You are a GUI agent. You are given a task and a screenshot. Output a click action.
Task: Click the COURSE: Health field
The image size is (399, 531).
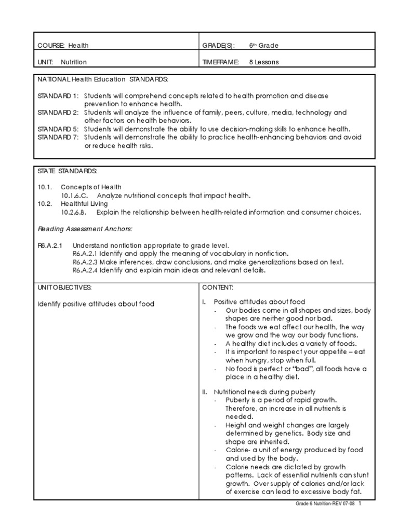(x=63, y=46)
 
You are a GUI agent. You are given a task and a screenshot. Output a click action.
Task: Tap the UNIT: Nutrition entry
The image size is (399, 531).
(x=62, y=62)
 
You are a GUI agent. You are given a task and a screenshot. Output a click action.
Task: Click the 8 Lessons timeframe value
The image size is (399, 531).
(x=263, y=62)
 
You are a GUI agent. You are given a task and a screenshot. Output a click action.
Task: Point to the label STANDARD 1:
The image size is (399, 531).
(x=58, y=96)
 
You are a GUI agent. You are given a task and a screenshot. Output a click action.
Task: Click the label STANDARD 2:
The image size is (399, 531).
(x=58, y=113)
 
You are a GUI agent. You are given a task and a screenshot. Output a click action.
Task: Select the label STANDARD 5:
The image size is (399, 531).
(x=58, y=129)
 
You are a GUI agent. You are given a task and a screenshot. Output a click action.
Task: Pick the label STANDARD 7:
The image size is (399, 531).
(x=58, y=137)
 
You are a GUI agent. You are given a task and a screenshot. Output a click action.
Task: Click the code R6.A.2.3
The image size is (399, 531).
(x=85, y=262)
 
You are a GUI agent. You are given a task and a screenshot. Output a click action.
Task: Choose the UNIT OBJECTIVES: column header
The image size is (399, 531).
(x=64, y=287)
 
